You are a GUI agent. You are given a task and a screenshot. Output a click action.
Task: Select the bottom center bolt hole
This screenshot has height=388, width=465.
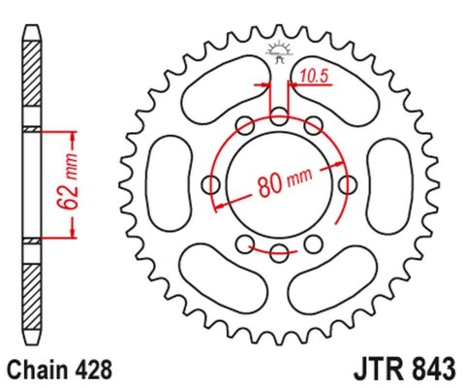tap(279, 253)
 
